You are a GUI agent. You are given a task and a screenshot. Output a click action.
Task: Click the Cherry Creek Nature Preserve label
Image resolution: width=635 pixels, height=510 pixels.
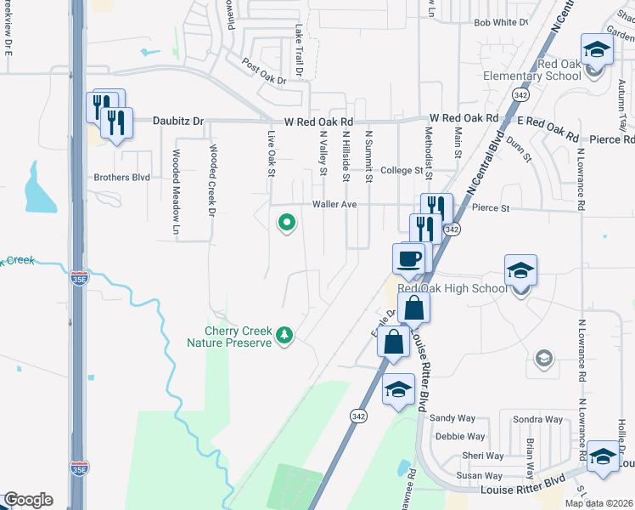click(x=237, y=337)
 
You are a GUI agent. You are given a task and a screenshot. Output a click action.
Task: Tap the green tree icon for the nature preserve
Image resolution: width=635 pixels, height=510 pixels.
click(x=286, y=336)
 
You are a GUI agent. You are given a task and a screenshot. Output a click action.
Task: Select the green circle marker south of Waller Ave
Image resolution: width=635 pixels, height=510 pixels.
click(x=287, y=224)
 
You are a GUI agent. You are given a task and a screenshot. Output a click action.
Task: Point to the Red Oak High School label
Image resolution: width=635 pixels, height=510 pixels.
click(x=464, y=288)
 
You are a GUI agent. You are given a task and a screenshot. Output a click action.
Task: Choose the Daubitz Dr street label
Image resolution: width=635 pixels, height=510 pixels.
click(x=178, y=122)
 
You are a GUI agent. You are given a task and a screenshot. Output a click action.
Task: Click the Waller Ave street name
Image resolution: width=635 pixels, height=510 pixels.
click(x=334, y=204)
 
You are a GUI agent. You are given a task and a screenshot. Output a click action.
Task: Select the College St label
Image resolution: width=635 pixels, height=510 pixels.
click(x=402, y=171)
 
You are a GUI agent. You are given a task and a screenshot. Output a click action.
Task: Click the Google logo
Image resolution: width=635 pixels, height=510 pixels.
click(x=27, y=500)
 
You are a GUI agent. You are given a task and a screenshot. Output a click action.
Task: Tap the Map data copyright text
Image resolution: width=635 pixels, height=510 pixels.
click(x=598, y=503)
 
